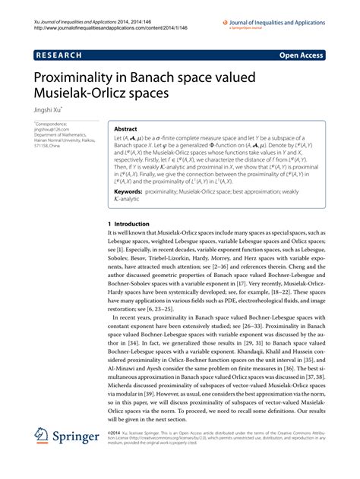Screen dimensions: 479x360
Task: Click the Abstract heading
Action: point(125,130)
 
